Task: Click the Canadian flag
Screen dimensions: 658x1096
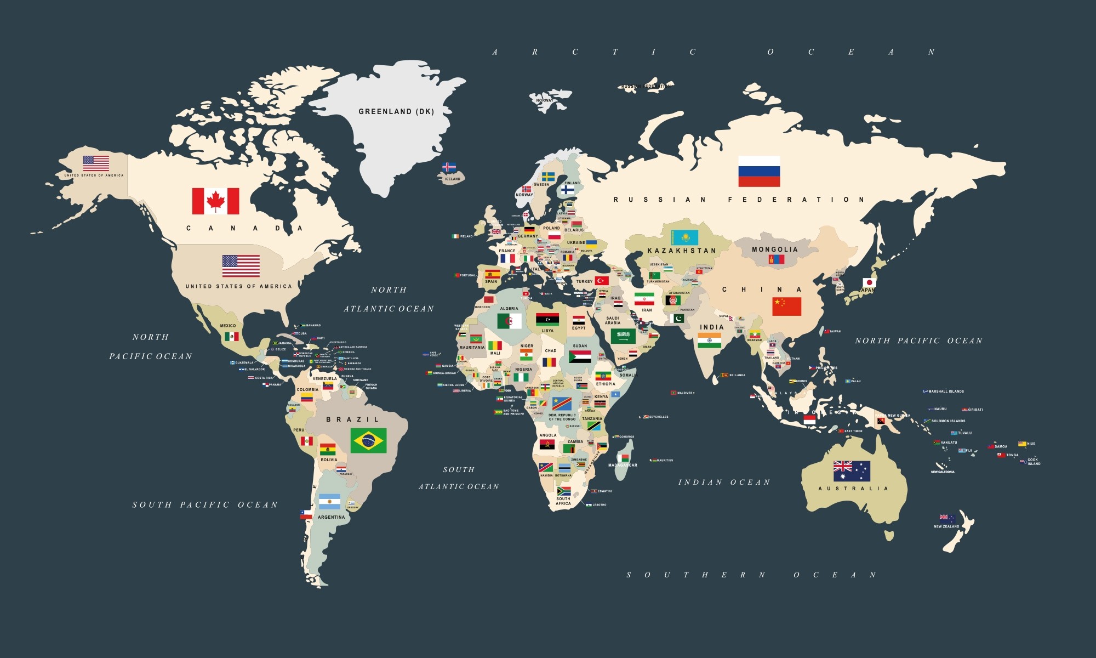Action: (x=215, y=201)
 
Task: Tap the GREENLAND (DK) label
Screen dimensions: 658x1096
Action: (x=396, y=111)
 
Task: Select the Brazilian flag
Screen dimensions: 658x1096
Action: (x=368, y=440)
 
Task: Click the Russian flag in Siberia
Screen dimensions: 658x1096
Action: (x=759, y=171)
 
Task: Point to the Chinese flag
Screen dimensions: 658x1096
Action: (x=786, y=307)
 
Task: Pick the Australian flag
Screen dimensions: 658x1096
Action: (x=852, y=470)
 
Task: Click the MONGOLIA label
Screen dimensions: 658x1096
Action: (x=775, y=249)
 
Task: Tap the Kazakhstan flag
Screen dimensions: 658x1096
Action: (x=684, y=237)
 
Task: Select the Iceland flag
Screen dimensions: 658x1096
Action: (x=449, y=167)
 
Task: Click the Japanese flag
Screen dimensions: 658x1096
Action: (x=870, y=283)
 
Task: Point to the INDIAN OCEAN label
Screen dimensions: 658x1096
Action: (x=724, y=483)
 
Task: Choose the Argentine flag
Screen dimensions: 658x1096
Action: (x=329, y=502)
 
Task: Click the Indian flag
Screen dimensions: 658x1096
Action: (x=709, y=341)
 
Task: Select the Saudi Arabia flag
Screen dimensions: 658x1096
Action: (x=623, y=336)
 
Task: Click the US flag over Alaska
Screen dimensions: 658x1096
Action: (x=96, y=163)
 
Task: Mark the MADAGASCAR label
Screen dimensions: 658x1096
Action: (x=623, y=465)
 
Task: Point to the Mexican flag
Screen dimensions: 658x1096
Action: (x=232, y=336)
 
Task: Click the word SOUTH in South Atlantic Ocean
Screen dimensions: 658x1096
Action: (x=459, y=470)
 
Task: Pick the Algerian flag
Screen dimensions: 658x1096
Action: (x=509, y=321)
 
